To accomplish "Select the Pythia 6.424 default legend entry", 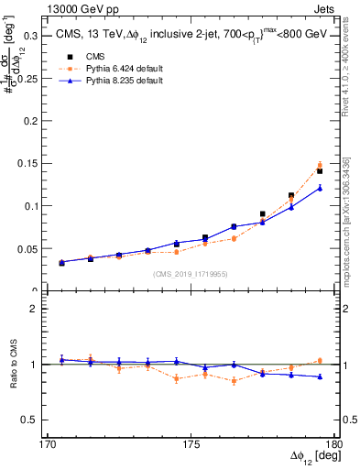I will tap(110, 69).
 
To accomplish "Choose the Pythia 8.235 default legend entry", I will tap(110, 82).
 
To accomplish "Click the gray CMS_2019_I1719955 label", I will tap(191, 272).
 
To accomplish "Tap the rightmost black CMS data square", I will tap(320, 171).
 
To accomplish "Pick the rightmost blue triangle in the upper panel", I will tap(320, 188).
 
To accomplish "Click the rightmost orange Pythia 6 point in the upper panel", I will tap(320, 165).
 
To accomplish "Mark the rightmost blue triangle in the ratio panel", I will tap(320, 376).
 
